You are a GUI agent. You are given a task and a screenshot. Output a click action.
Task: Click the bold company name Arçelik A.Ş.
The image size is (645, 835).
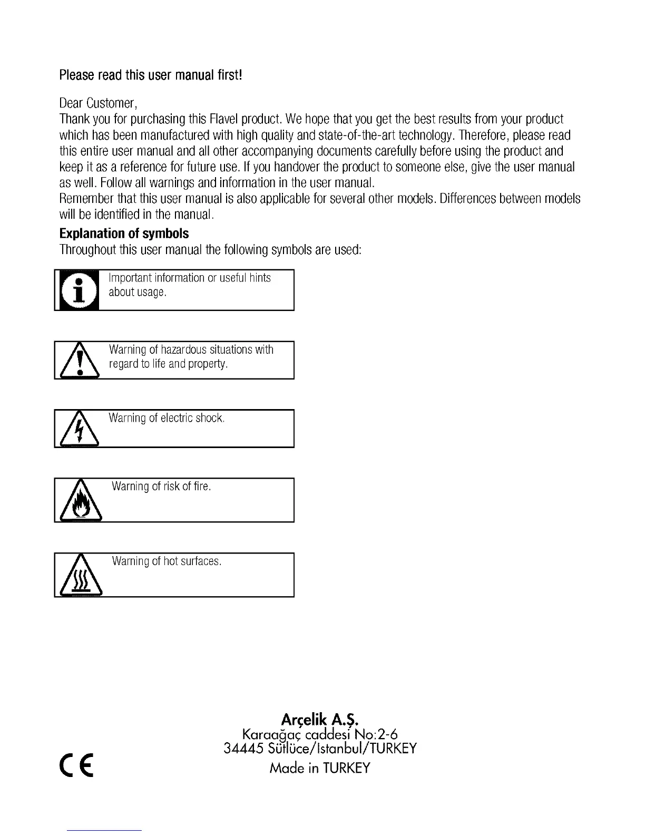click(320, 720)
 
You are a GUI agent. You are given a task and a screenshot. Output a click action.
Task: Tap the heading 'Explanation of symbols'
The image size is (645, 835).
click(124, 234)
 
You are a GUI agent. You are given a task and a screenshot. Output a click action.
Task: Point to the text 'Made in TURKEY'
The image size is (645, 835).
click(320, 768)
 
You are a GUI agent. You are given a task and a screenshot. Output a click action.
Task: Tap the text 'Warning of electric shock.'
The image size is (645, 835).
click(167, 419)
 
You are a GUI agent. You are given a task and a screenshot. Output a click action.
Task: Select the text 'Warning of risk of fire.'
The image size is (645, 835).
click(161, 487)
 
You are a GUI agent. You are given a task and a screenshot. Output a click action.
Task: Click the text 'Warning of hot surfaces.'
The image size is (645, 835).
click(167, 561)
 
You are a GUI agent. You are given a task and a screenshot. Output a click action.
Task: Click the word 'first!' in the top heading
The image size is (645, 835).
click(230, 75)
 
